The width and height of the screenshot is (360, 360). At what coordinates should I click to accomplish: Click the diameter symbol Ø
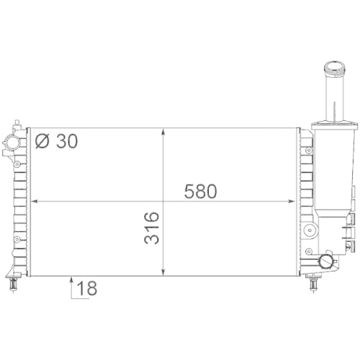[42, 141]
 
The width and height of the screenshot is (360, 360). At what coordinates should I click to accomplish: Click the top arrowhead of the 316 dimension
[166, 132]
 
